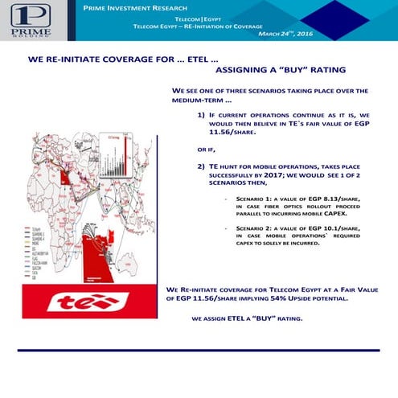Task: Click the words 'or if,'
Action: tap(207, 150)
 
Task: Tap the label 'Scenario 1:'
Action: tap(255, 197)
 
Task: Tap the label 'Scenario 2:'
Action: tap(255, 229)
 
